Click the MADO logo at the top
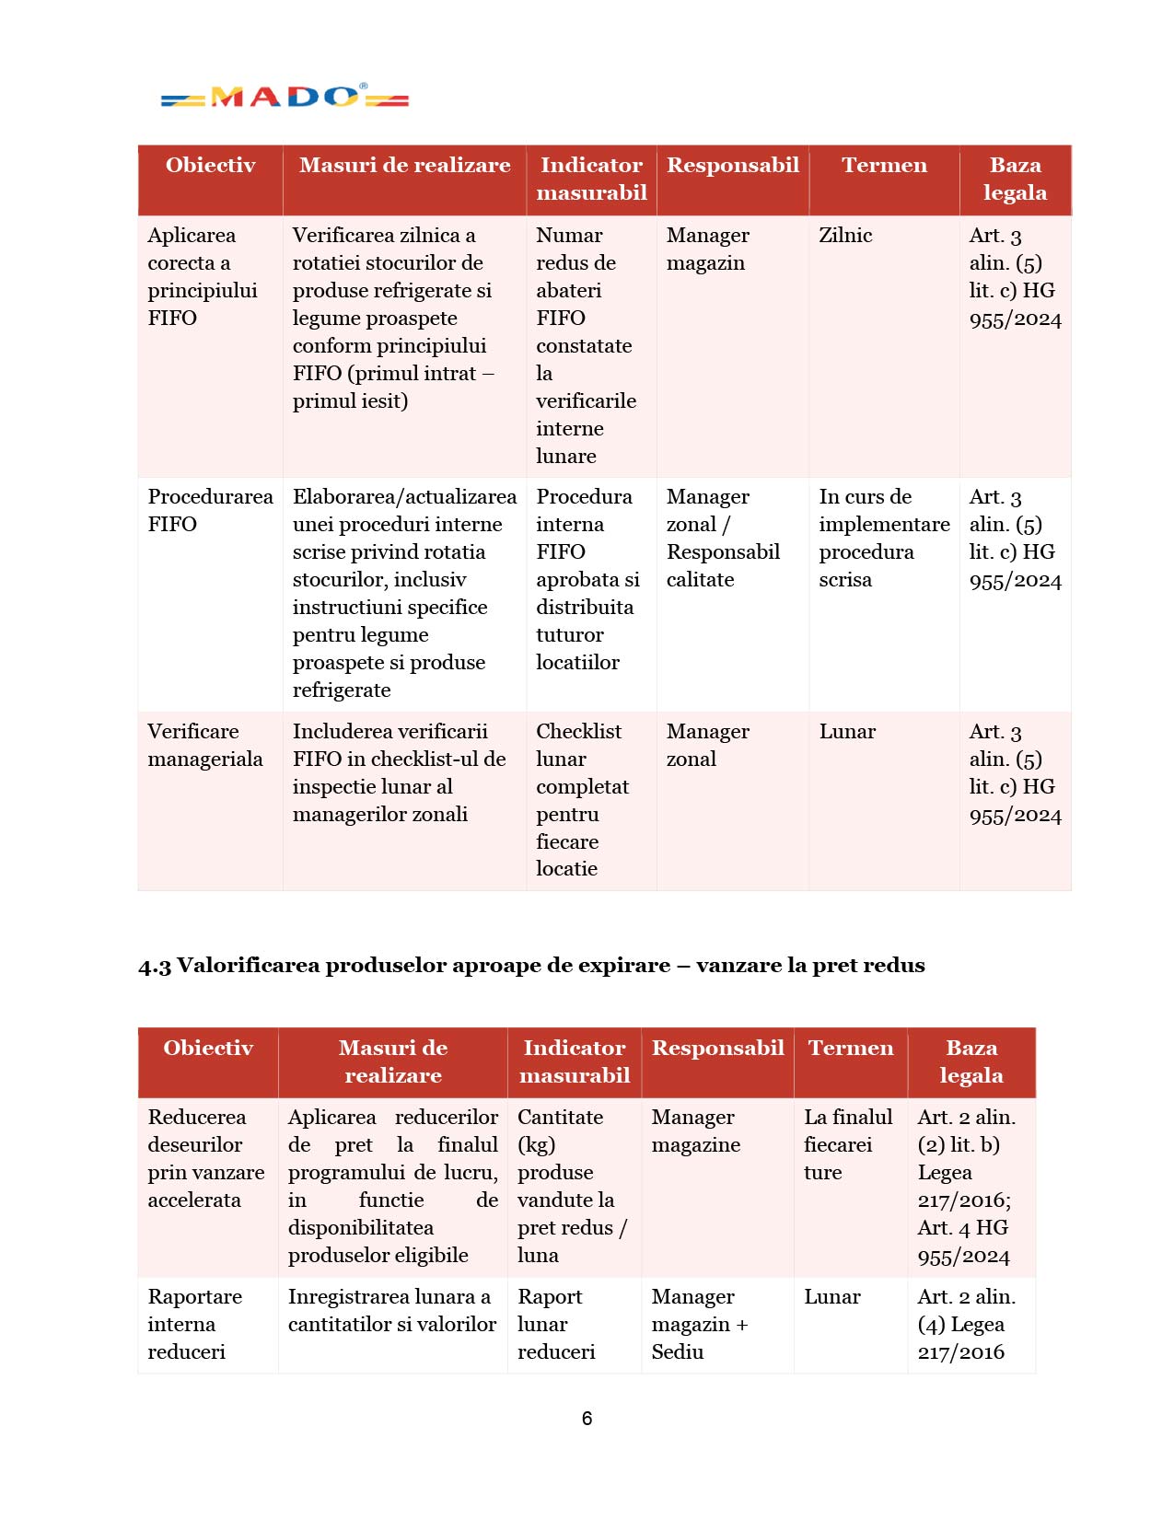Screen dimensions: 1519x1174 [x=285, y=97]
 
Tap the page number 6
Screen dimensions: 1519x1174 [x=587, y=1419]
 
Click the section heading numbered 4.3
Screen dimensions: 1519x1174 [x=531, y=965]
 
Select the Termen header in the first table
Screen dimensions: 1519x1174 [x=884, y=166]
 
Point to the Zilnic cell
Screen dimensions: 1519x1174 [x=845, y=236]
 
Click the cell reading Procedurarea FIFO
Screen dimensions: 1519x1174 [x=210, y=510]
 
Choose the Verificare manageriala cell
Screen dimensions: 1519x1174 [x=205, y=745]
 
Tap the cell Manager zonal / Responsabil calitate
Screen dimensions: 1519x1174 [x=723, y=538]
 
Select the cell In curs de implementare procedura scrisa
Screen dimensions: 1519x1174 [x=884, y=538]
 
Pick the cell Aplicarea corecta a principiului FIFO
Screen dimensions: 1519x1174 [x=202, y=276]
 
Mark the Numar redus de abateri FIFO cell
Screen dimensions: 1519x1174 [x=586, y=345]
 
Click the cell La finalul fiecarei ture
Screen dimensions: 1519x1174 [x=848, y=1144]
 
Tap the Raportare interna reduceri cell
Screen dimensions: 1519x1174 [x=194, y=1324]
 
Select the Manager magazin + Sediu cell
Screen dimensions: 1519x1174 [x=699, y=1324]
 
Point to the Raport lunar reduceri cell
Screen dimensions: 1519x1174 [x=556, y=1324]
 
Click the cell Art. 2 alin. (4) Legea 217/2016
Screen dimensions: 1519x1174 [x=966, y=1324]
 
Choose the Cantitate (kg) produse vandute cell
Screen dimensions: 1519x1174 [x=572, y=1186]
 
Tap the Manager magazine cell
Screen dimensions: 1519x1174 [x=695, y=1131]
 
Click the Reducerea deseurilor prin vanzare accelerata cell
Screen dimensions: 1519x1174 [x=205, y=1158]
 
